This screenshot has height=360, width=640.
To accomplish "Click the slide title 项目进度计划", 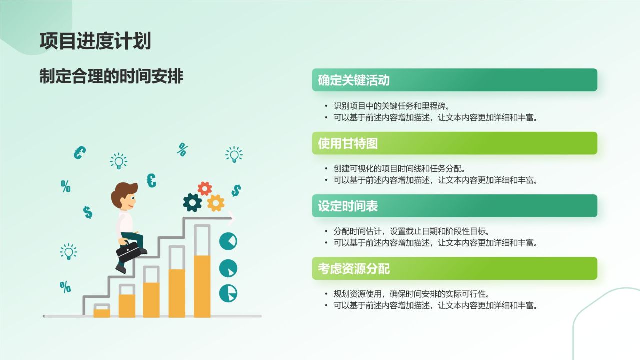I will pyautogui.click(x=95, y=42).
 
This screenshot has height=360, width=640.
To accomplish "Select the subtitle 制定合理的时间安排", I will pyautogui.click(x=111, y=77).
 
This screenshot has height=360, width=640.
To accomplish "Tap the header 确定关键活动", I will pyautogui.click(x=354, y=80).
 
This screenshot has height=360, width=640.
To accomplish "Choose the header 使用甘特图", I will pyautogui.click(x=348, y=143).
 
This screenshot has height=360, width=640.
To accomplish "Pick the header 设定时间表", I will pyautogui.click(x=348, y=206).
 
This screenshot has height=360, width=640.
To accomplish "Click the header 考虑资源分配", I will pyautogui.click(x=354, y=269).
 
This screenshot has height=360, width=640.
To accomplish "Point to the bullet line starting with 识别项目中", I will pyautogui.click(x=392, y=106).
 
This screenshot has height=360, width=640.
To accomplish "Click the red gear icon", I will pyautogui.click(x=204, y=188).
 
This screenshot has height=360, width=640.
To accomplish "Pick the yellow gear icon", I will pyautogui.click(x=216, y=203).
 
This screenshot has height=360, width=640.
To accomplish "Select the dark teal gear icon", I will pyautogui.click(x=192, y=202).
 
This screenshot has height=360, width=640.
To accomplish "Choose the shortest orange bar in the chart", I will pyautogui.click(x=102, y=313).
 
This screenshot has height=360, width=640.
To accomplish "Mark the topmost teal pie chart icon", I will pyautogui.click(x=228, y=241).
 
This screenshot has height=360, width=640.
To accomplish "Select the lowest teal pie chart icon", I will pyautogui.click(x=228, y=293).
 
